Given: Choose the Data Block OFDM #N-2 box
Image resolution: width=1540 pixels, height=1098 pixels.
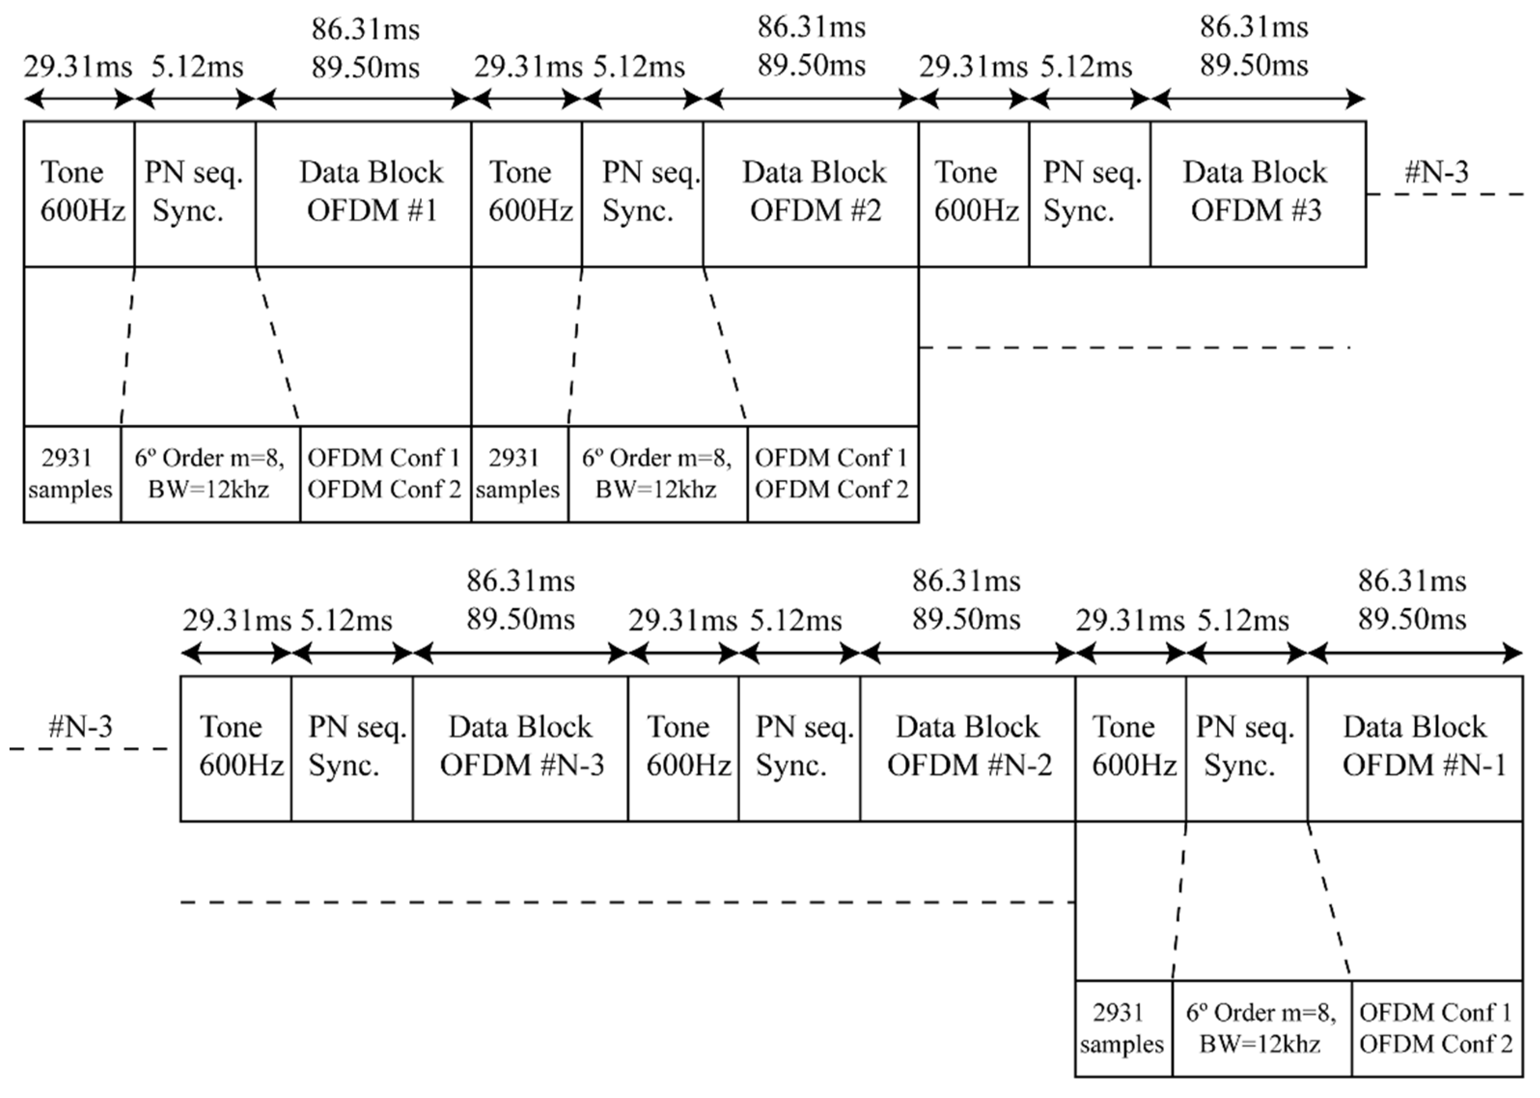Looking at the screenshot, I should tap(968, 748).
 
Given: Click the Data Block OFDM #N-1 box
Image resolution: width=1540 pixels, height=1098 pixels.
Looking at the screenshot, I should tap(1415, 748).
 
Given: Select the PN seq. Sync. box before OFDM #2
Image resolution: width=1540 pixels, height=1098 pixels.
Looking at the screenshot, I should tap(642, 194).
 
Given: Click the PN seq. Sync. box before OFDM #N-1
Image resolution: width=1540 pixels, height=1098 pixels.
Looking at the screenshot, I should tap(1246, 748).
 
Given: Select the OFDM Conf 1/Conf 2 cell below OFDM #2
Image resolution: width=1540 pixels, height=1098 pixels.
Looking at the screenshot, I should tap(832, 474).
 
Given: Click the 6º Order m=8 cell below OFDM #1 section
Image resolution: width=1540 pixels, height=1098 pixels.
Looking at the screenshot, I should tap(209, 474).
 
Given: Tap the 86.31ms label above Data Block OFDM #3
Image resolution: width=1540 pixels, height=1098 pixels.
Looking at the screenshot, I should tap(1254, 27).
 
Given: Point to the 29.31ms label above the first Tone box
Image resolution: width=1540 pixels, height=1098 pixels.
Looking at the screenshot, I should tap(78, 67).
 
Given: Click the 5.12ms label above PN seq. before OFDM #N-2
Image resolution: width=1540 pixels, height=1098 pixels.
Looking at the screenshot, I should tap(796, 621).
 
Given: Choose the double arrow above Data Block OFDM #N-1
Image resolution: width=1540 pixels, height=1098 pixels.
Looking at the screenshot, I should tap(1415, 654).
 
